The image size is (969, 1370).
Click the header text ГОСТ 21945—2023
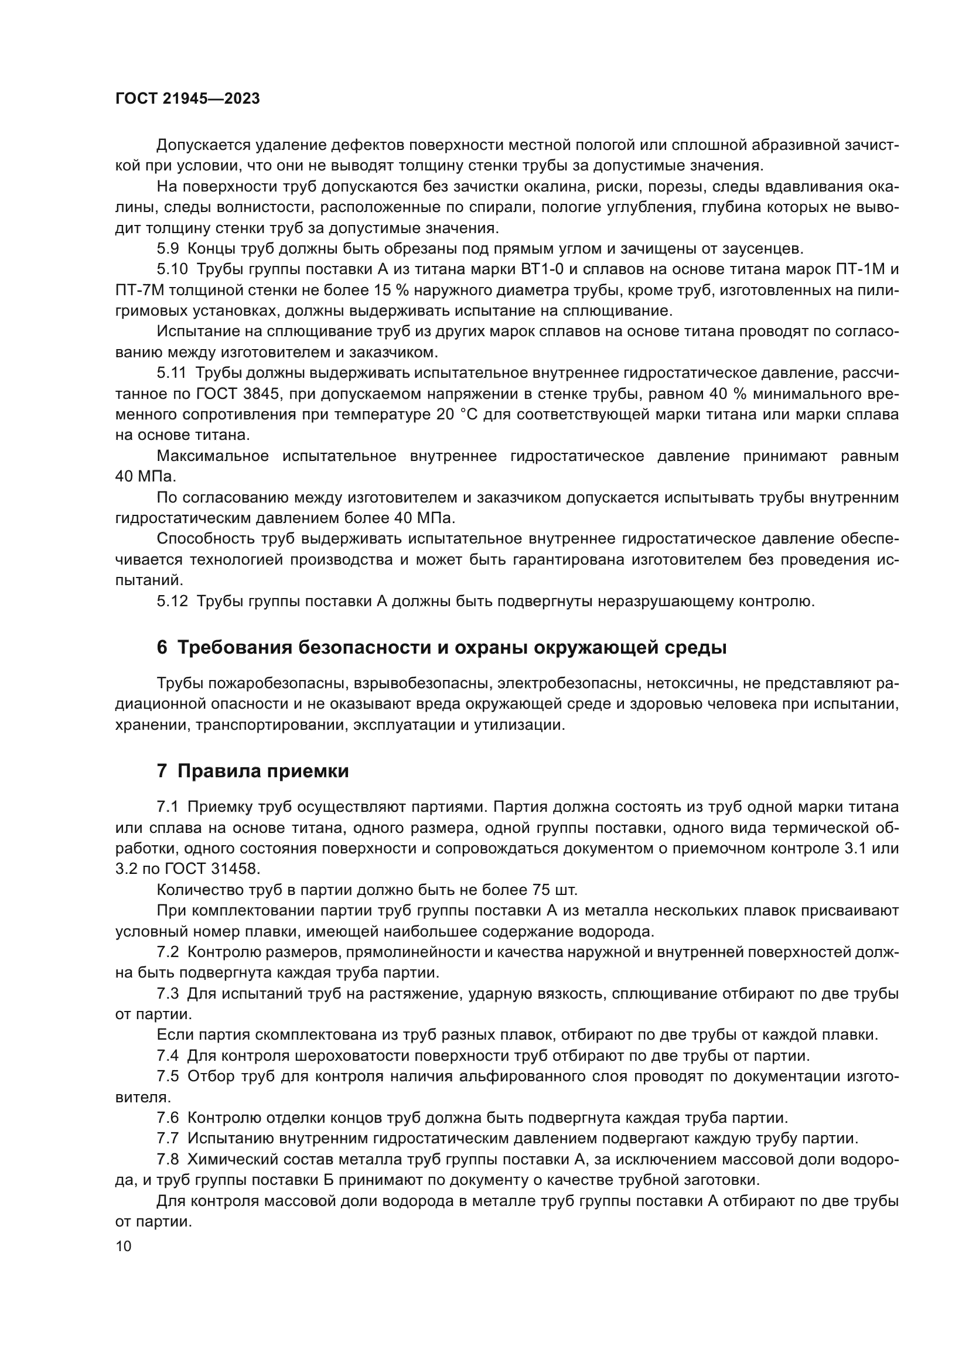[187, 99]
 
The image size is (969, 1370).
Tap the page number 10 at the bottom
[124, 1246]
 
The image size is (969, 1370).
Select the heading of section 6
[442, 647]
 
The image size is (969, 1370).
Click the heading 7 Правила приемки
[253, 771]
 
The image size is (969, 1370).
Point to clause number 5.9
[168, 249]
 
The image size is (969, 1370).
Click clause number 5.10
[172, 269]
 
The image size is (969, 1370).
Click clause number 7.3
[168, 993]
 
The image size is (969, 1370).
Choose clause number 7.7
[168, 1139]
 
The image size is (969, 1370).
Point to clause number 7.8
[168, 1159]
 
